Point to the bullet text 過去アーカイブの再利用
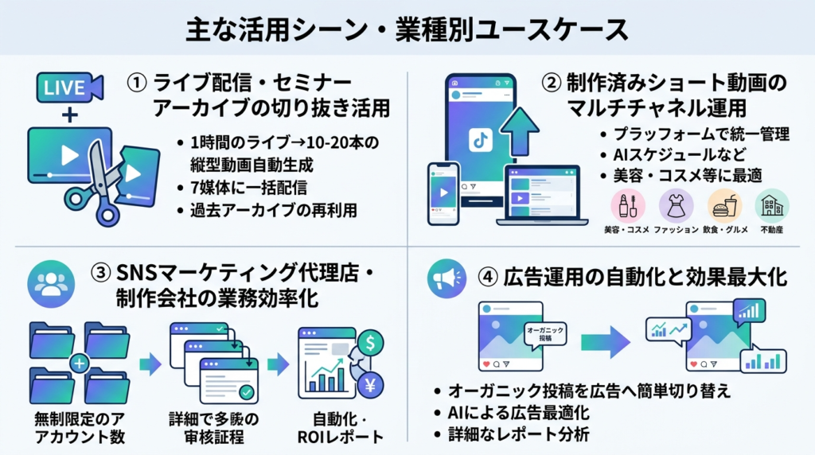pyautogui.click(x=267, y=212)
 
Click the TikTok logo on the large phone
pyautogui.click(x=481, y=140)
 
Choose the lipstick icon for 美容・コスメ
pyautogui.click(x=626, y=206)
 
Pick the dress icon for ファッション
pyautogui.click(x=676, y=206)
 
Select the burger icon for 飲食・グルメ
pyautogui.click(x=724, y=206)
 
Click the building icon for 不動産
pyautogui.click(x=771, y=206)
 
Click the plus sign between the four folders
pyautogui.click(x=79, y=364)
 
